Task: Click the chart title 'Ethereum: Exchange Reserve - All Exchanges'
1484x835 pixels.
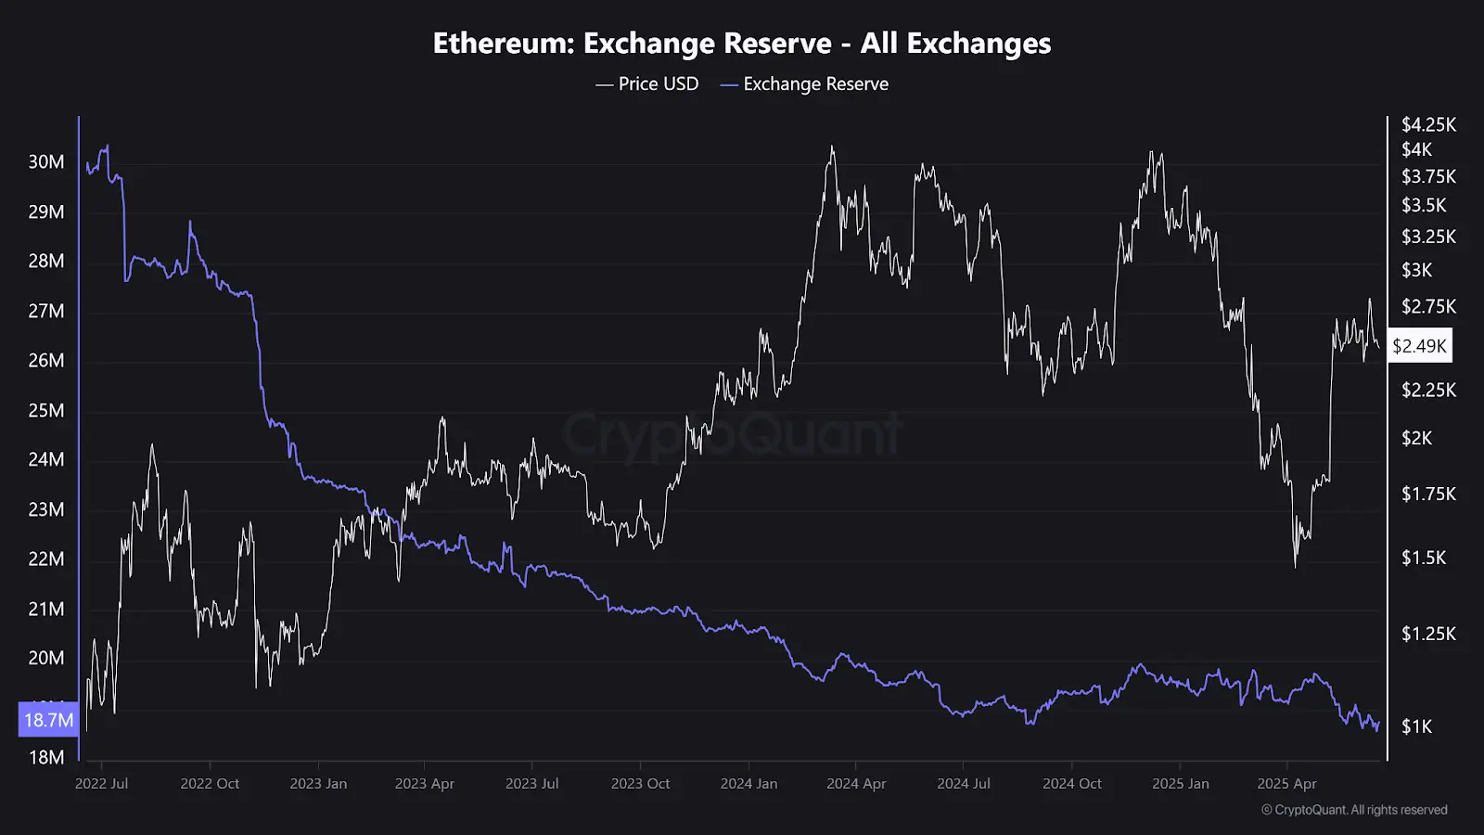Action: [x=742, y=44]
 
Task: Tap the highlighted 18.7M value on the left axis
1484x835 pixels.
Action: [x=48, y=720]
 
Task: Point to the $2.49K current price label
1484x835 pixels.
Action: [x=1419, y=346]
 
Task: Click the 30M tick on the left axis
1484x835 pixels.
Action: [x=46, y=161]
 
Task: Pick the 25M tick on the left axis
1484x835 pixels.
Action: [x=46, y=410]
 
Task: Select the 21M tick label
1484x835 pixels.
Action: [x=46, y=609]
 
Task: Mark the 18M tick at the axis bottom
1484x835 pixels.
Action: [x=46, y=757]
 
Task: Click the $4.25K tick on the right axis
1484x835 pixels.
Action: [x=1428, y=124]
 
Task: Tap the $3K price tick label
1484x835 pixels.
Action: [x=1416, y=270]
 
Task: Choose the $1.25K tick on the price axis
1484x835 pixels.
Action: [x=1428, y=634]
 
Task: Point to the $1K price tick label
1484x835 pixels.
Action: [x=1416, y=726]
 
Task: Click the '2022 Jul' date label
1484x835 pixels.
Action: [x=102, y=783]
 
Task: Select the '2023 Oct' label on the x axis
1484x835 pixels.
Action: [x=640, y=783]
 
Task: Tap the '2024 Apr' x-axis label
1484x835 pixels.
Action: [x=856, y=783]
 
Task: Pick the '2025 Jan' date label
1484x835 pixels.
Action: [x=1181, y=783]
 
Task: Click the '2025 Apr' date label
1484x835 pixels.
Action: [x=1286, y=783]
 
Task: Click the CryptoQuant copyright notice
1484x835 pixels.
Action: [x=1354, y=810]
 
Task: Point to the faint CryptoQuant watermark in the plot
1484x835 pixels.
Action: [x=733, y=434]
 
